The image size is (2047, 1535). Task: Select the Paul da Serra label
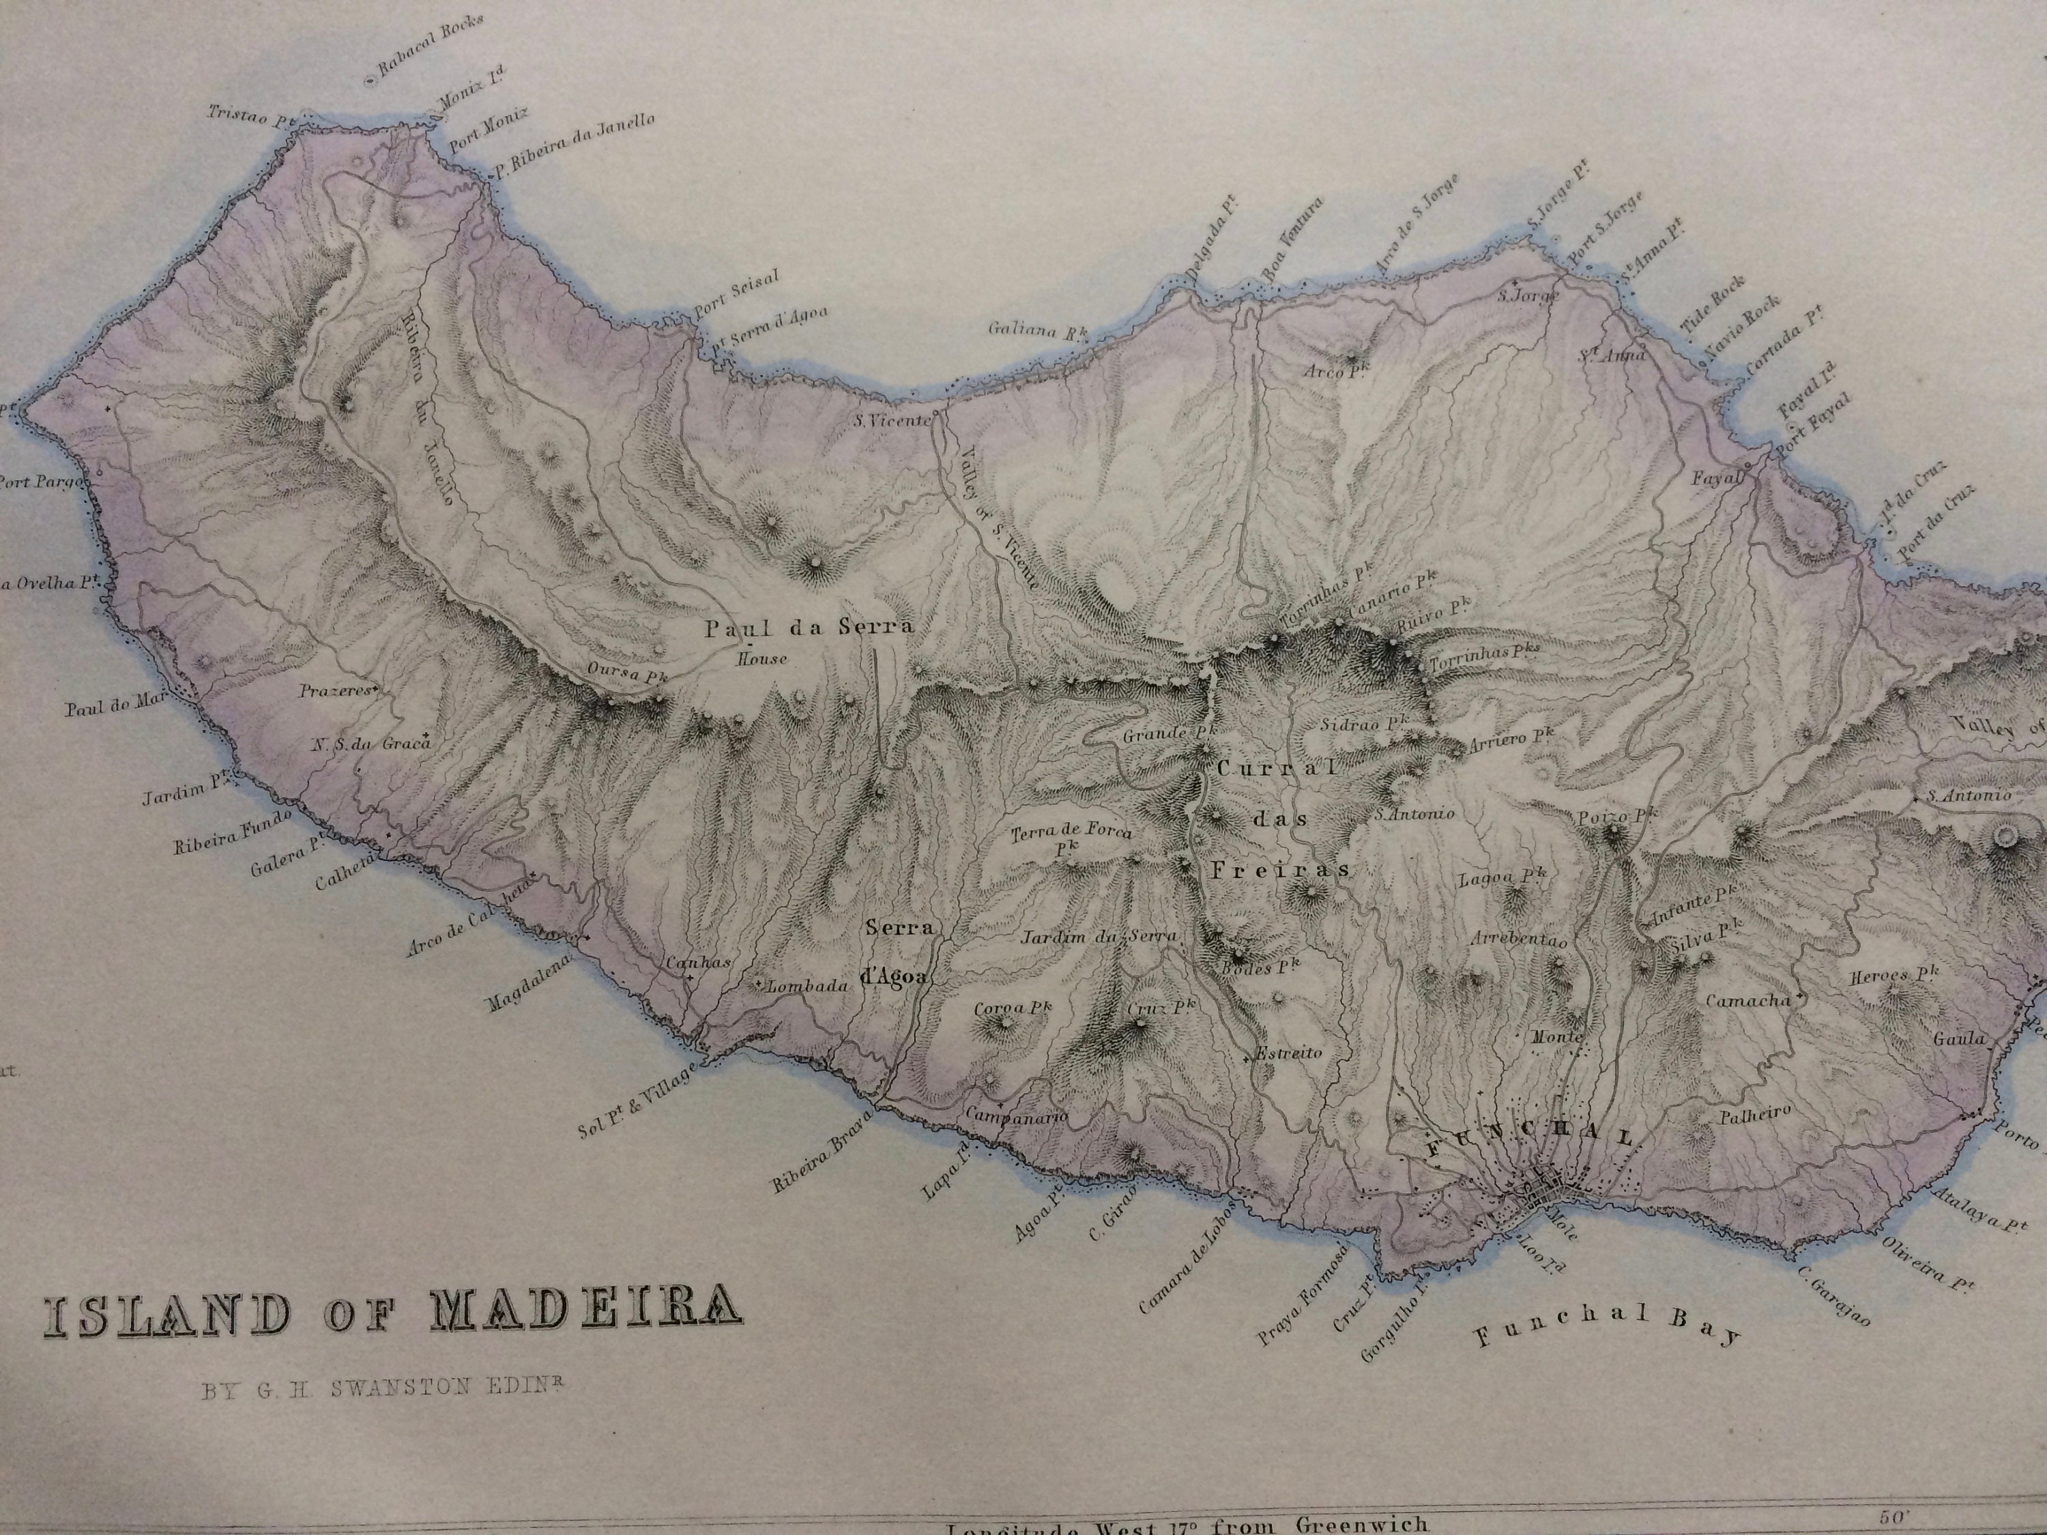point(809,628)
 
